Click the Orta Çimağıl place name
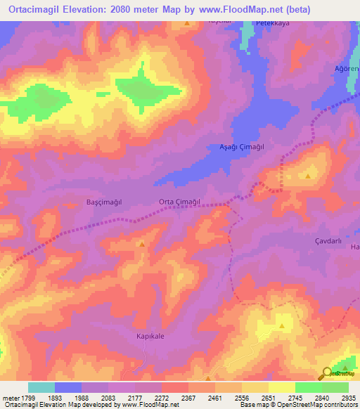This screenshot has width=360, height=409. coord(180,202)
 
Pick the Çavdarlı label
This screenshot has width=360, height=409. coord(328,240)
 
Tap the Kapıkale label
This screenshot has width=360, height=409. coord(150,337)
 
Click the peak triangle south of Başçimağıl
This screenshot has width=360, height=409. coord(143,245)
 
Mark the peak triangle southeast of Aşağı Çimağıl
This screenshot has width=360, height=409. coord(308,176)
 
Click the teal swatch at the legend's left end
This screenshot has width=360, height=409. coord(41,387)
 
